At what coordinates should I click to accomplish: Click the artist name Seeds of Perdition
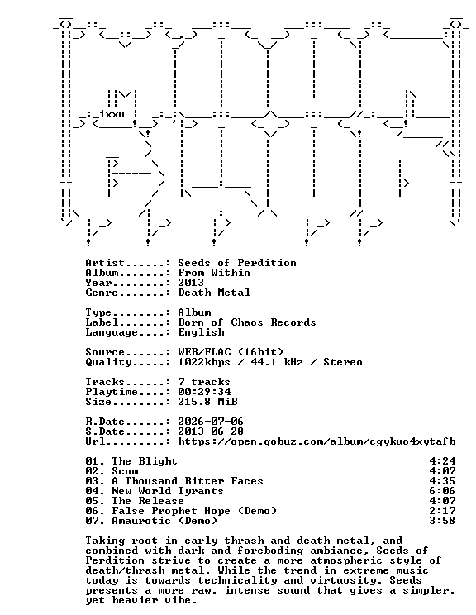237,263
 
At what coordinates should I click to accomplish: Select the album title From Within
214,273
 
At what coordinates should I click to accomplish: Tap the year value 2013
191,283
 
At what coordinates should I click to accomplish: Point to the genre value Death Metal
214,293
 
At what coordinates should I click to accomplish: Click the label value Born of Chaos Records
246,322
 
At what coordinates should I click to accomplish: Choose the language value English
201,332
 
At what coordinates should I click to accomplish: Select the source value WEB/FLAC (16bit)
231,352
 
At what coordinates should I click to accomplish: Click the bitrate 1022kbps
204,362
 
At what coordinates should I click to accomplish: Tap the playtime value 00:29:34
204,392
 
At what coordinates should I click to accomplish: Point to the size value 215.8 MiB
207,402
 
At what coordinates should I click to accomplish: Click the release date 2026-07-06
211,422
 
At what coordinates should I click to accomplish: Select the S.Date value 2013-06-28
211,431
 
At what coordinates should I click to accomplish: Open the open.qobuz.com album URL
317,441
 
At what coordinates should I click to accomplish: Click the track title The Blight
145,461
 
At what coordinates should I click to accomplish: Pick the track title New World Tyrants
168,491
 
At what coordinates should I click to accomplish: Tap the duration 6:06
442,491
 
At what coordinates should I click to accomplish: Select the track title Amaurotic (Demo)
164,521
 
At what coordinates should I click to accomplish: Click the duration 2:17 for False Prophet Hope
442,511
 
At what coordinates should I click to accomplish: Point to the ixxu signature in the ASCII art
112,114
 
